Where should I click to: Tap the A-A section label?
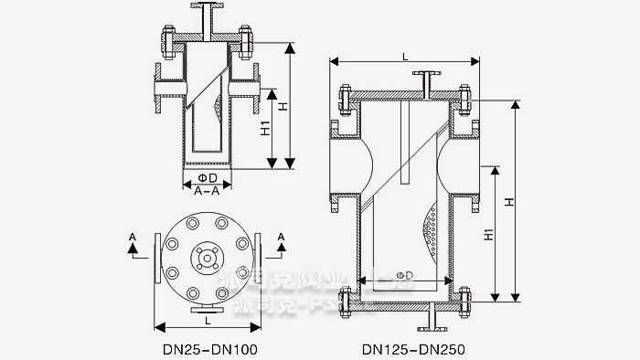click(x=207, y=190)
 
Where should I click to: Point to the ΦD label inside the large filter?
click(x=403, y=274)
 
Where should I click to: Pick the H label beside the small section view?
click(x=284, y=107)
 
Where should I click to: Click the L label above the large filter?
click(x=405, y=57)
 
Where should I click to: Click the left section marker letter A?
click(x=134, y=237)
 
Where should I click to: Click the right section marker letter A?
click(x=280, y=237)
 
